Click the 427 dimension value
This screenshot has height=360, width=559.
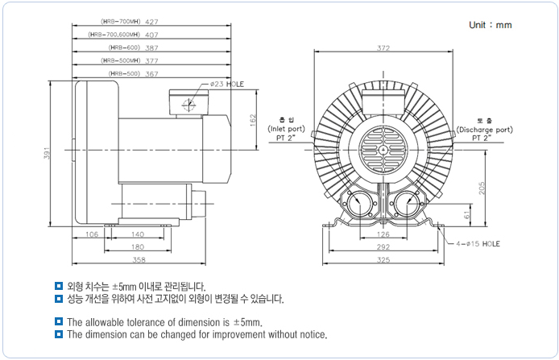click(151, 22)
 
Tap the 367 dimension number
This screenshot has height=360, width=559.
click(151, 73)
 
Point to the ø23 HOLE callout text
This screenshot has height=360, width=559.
click(226, 84)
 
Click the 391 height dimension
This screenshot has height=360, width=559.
click(48, 153)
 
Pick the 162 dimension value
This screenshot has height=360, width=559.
click(252, 120)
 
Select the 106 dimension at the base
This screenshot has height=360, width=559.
click(91, 234)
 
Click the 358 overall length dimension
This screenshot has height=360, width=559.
click(139, 260)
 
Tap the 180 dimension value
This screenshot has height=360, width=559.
click(138, 247)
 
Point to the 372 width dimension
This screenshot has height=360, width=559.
click(383, 48)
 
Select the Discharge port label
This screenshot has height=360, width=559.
click(484, 129)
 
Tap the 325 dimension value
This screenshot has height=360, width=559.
click(383, 260)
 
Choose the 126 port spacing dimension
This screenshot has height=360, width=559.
click(383, 235)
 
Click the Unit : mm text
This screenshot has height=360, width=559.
click(490, 25)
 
